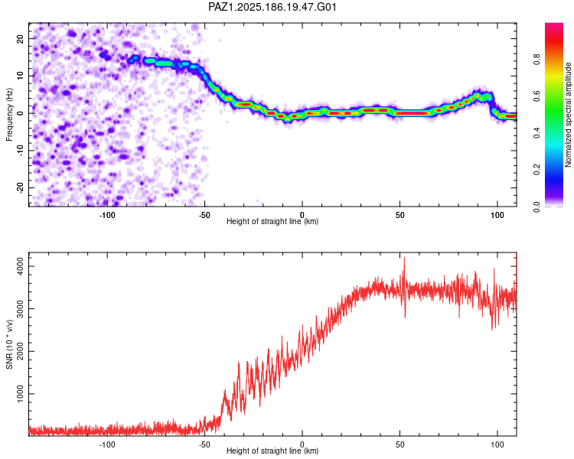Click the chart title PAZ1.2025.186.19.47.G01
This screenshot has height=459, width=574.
272,7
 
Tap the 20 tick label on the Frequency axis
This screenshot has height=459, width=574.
21,38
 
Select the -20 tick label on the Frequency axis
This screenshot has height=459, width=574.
21,187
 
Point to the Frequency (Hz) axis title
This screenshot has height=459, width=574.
9,114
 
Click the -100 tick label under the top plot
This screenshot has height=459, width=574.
107,215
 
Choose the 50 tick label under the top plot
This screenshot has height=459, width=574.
400,215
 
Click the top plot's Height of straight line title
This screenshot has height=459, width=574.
272,221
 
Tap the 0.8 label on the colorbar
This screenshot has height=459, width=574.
536,59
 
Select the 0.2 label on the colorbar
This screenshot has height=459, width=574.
536,170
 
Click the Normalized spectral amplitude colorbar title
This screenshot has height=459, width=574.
568,115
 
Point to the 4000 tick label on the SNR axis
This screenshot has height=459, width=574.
21,266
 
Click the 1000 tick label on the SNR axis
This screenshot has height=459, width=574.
21,394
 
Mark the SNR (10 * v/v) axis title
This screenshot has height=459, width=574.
9,344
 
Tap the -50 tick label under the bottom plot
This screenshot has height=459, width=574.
204,444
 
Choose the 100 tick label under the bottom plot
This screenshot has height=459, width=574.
497,444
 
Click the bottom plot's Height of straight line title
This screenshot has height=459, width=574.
272,451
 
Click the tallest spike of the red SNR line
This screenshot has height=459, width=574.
405,258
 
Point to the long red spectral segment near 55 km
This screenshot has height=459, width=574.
412,113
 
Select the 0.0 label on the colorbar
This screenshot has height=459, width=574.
536,207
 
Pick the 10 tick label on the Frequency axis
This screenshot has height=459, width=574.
21,76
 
